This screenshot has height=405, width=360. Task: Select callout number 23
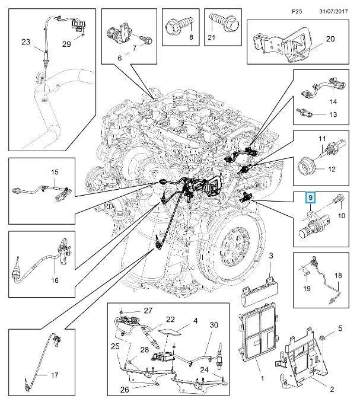(26, 42)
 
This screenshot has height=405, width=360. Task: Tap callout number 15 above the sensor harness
(54, 173)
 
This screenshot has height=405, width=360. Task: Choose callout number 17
(54, 375)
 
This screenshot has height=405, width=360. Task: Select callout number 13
(332, 114)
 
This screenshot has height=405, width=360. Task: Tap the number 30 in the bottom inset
(214, 324)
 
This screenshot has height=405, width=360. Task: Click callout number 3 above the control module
(270, 256)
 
